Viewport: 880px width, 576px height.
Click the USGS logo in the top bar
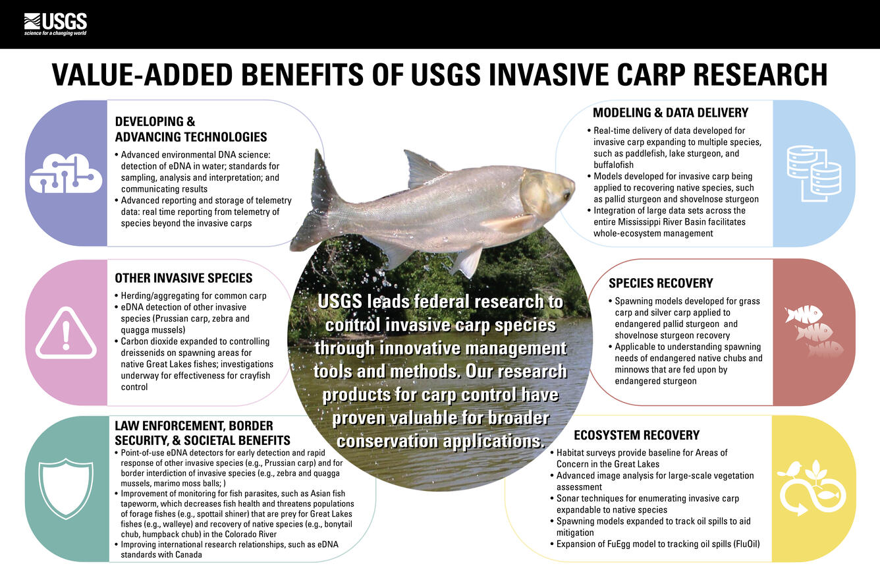click(x=55, y=24)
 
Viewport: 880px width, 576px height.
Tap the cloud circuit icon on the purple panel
click(x=66, y=173)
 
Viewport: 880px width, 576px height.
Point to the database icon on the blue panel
click(x=814, y=173)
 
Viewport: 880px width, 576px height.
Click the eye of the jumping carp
click(x=565, y=194)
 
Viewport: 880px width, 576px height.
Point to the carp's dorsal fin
click(x=422, y=168)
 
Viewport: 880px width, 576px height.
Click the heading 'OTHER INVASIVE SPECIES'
click(x=184, y=278)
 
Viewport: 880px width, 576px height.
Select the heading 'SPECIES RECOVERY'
click(x=661, y=283)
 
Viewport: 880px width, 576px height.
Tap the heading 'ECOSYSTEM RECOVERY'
click(x=636, y=435)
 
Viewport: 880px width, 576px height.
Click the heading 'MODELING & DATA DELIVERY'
click(x=671, y=113)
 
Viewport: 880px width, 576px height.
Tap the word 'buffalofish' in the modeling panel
click(x=613, y=165)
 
